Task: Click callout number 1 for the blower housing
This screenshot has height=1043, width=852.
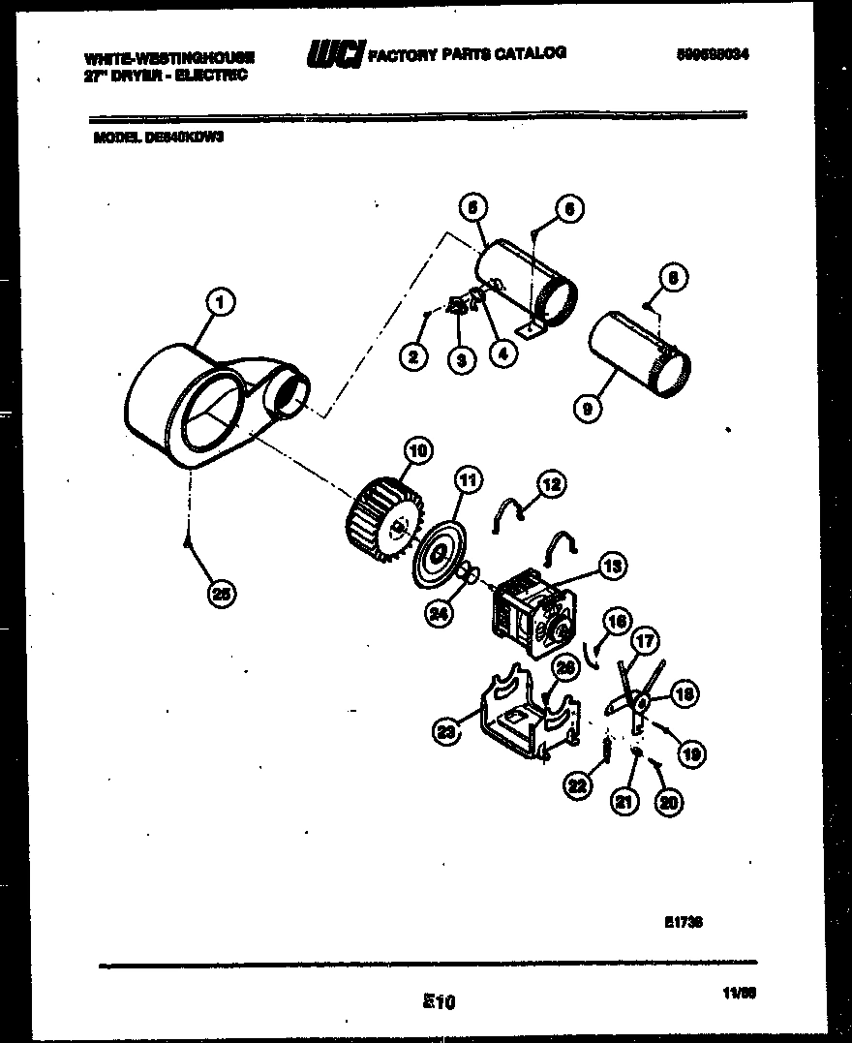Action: click(x=221, y=304)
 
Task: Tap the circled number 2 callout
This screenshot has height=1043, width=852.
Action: click(x=413, y=357)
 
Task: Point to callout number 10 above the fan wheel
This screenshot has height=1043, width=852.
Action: click(x=417, y=449)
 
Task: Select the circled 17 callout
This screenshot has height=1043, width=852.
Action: click(x=645, y=641)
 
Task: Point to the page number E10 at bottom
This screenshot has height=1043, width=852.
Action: click(x=438, y=1003)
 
